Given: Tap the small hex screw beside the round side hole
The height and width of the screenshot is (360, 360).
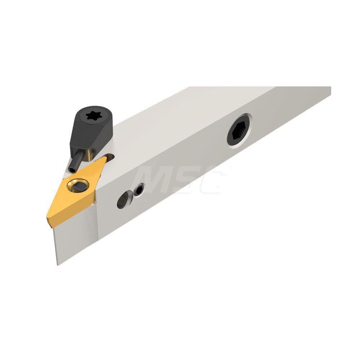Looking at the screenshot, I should (139, 190).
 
